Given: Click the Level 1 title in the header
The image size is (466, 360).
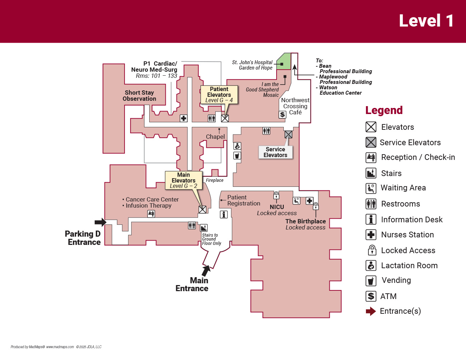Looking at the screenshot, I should [426, 21].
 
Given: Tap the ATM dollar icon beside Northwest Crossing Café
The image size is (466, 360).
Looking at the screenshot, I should [282, 115].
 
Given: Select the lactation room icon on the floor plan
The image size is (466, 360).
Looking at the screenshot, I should [237, 146].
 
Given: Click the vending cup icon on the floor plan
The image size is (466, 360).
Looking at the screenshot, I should [237, 156].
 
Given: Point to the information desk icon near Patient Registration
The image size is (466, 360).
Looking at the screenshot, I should [224, 214].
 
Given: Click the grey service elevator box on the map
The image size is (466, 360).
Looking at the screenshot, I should [288, 134].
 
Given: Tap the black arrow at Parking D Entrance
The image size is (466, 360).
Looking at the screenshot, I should [100, 222].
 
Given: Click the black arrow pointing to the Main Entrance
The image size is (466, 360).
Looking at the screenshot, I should [206, 270].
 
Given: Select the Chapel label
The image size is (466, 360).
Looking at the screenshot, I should [215, 137].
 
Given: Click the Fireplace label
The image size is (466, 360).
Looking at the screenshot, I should [215, 180].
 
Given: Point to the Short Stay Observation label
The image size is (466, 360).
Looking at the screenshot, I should [139, 96].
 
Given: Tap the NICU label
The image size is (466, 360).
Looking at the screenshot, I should [277, 207].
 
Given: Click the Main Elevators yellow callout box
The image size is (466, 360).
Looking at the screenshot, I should [183, 180].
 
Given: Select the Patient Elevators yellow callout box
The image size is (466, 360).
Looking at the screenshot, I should [219, 95].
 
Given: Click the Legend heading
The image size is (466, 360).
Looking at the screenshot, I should [384, 110].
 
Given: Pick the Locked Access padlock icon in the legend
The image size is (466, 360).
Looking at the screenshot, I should [371, 250].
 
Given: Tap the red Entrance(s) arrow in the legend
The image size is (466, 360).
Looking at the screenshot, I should [371, 311].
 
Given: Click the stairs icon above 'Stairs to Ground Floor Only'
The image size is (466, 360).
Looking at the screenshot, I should [204, 228].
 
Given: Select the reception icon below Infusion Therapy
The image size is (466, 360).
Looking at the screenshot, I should [151, 214].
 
